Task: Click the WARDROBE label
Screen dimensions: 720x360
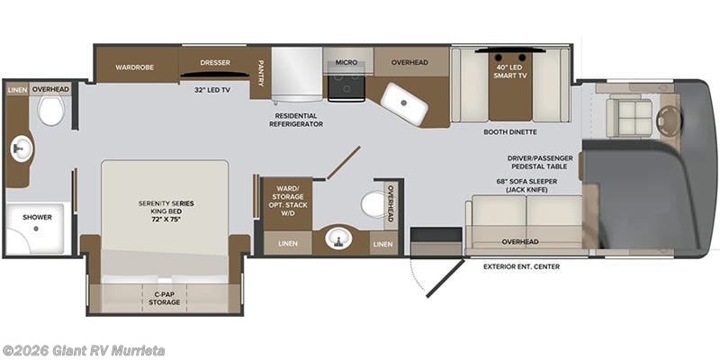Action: pyautogui.click(x=134, y=67)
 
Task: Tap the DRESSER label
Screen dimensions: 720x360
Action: pyautogui.click(x=215, y=62)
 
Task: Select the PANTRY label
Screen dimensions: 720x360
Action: pyautogui.click(x=260, y=73)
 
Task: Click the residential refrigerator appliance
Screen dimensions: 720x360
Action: pyautogui.click(x=297, y=75)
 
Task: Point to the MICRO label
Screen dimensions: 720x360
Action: pyautogui.click(x=346, y=62)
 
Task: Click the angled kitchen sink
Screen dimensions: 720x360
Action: pyautogui.click(x=404, y=103)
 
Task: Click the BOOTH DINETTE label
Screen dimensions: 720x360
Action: pyautogui.click(x=510, y=132)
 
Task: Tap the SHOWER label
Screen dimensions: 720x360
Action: pyautogui.click(x=37, y=217)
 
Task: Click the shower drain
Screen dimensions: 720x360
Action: pyautogui.click(x=36, y=229)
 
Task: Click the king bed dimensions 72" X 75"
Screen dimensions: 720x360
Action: pyautogui.click(x=166, y=219)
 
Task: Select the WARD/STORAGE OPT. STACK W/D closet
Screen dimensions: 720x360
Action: pyautogui.click(x=287, y=204)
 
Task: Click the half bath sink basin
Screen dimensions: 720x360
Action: pyautogui.click(x=338, y=238)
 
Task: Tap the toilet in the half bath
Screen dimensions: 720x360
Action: pyautogui.click(x=373, y=204)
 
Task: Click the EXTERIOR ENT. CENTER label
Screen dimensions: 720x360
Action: pyautogui.click(x=522, y=266)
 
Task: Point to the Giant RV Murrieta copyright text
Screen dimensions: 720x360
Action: pyautogui.click(x=83, y=351)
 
